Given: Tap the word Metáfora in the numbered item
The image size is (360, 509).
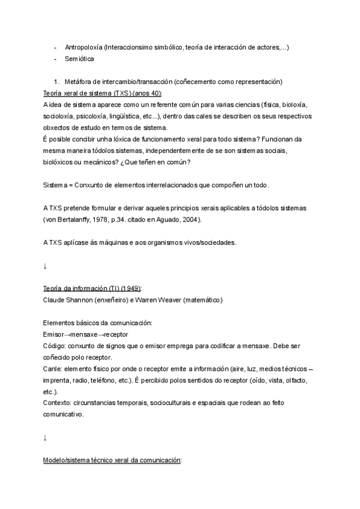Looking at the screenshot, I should [x=80, y=82].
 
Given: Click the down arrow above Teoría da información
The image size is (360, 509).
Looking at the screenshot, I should [x=45, y=265].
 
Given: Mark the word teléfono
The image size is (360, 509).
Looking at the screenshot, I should [x=115, y=379].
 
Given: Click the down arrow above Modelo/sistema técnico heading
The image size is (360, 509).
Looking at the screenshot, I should [x=45, y=438].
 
